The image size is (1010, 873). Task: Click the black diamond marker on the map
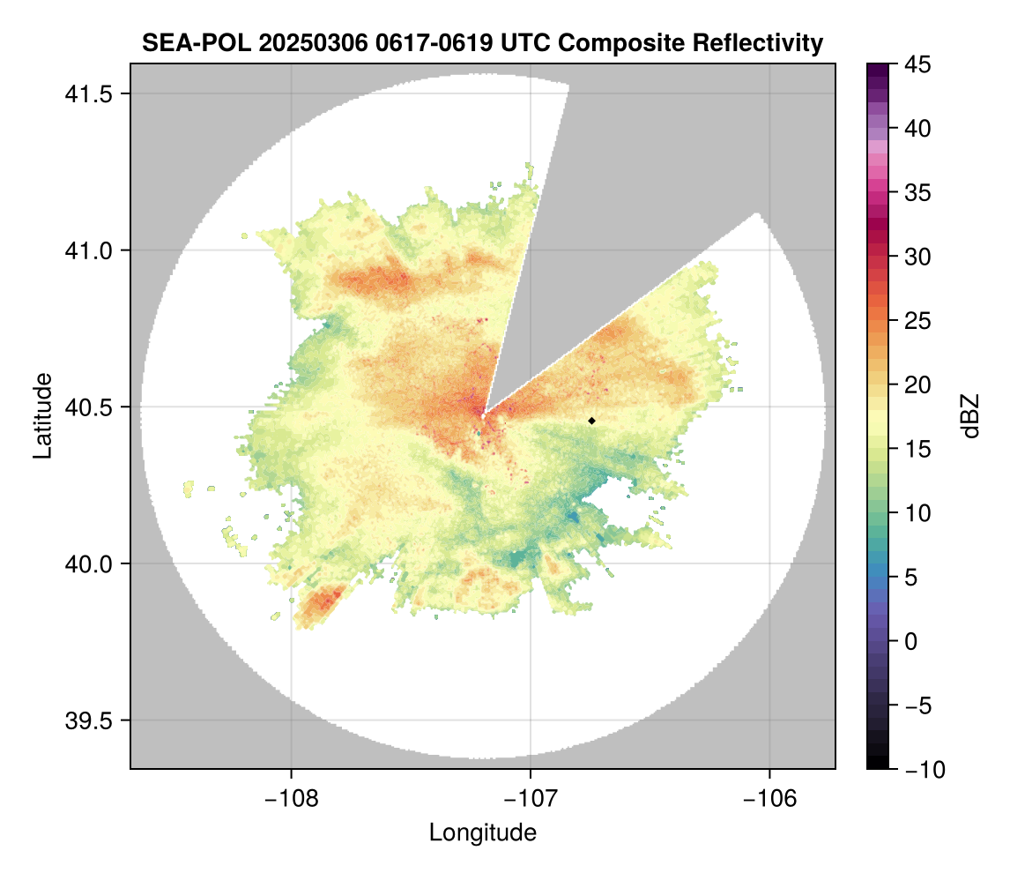tap(591, 421)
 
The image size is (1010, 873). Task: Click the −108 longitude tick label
tap(290, 799)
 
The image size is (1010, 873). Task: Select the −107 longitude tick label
tap(531, 799)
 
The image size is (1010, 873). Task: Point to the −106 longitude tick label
tap(770, 799)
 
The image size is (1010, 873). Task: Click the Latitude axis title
tap(41, 415)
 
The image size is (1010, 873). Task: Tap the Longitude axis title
tap(482, 832)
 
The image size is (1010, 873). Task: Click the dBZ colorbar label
tap(970, 416)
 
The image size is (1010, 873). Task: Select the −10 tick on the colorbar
tap(920, 769)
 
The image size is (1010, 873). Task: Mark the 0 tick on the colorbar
tap(910, 641)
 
